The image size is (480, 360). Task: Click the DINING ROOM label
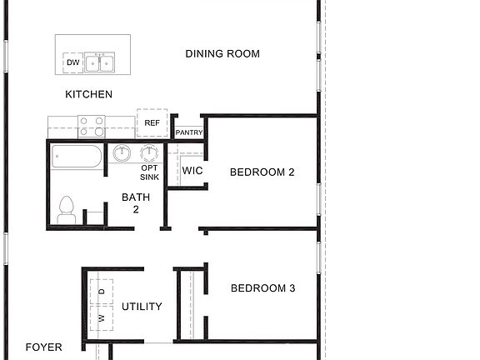[x=222, y=54]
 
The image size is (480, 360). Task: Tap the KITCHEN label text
[x=88, y=94]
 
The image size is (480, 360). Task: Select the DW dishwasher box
[x=73, y=63]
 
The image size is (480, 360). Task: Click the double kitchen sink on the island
[x=103, y=63]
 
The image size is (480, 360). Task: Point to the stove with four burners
[x=92, y=127]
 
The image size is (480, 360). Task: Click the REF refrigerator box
[x=152, y=122]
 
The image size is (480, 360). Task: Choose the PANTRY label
[x=188, y=132]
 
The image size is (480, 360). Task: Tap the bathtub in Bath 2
[x=76, y=157]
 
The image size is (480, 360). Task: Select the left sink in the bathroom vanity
[x=122, y=154]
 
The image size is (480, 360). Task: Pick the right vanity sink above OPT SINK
[x=149, y=154]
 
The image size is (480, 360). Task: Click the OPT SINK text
[x=149, y=172]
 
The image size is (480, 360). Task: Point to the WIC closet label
[x=192, y=172]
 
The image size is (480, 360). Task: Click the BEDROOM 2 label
[x=262, y=172]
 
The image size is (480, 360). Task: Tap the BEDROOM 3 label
[x=262, y=288]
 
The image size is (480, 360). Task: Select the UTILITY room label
[x=142, y=307]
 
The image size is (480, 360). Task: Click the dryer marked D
[x=102, y=291]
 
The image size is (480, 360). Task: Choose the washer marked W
[x=102, y=318]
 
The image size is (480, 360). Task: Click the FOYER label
[x=43, y=347]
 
